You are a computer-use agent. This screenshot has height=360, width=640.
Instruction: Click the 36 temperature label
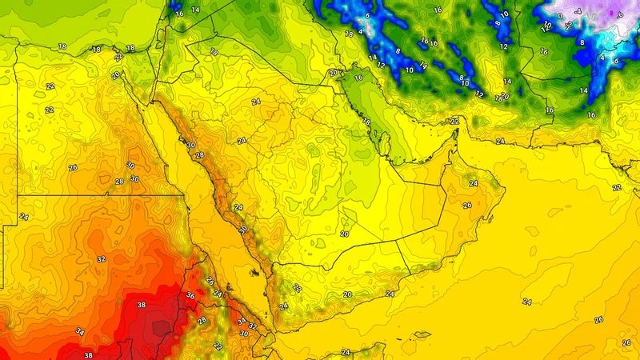[190, 296]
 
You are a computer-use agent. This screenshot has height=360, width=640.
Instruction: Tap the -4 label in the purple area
[578, 12]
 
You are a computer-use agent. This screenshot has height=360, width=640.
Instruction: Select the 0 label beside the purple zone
[559, 16]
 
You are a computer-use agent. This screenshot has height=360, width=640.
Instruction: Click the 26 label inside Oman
[467, 205]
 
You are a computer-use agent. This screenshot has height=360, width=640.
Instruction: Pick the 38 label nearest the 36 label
[142, 306]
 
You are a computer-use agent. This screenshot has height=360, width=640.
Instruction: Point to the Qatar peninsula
[383, 144]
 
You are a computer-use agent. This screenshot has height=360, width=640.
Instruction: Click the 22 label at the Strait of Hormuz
[454, 122]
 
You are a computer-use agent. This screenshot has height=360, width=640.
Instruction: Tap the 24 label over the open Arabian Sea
[526, 302]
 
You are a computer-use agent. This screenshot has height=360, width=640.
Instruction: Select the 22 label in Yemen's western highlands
[297, 288]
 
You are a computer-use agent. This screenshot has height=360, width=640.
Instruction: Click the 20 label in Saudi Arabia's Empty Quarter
[345, 234]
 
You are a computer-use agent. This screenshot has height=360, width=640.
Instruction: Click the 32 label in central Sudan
[101, 259]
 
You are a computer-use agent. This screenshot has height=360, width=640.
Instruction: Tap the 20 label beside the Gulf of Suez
[116, 75]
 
